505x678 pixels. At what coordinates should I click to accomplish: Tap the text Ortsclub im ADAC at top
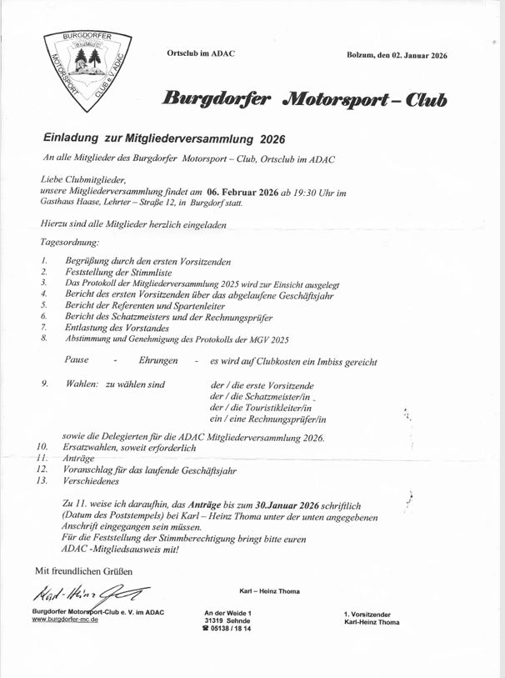coord(201,54)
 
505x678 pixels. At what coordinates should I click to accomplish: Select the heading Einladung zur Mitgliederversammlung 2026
coord(164,138)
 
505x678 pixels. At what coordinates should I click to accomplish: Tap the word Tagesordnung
coord(69,242)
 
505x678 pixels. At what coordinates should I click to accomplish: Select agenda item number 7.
coord(43,328)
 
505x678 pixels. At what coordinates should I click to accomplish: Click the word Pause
coord(77,359)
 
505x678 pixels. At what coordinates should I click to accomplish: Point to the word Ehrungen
coord(157,359)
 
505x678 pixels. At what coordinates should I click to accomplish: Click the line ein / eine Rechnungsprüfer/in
coord(268,419)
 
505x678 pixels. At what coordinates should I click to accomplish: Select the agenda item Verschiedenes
coord(91,481)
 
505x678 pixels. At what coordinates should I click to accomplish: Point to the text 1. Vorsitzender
coord(372,615)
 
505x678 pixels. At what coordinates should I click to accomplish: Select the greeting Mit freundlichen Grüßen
coord(82,570)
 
